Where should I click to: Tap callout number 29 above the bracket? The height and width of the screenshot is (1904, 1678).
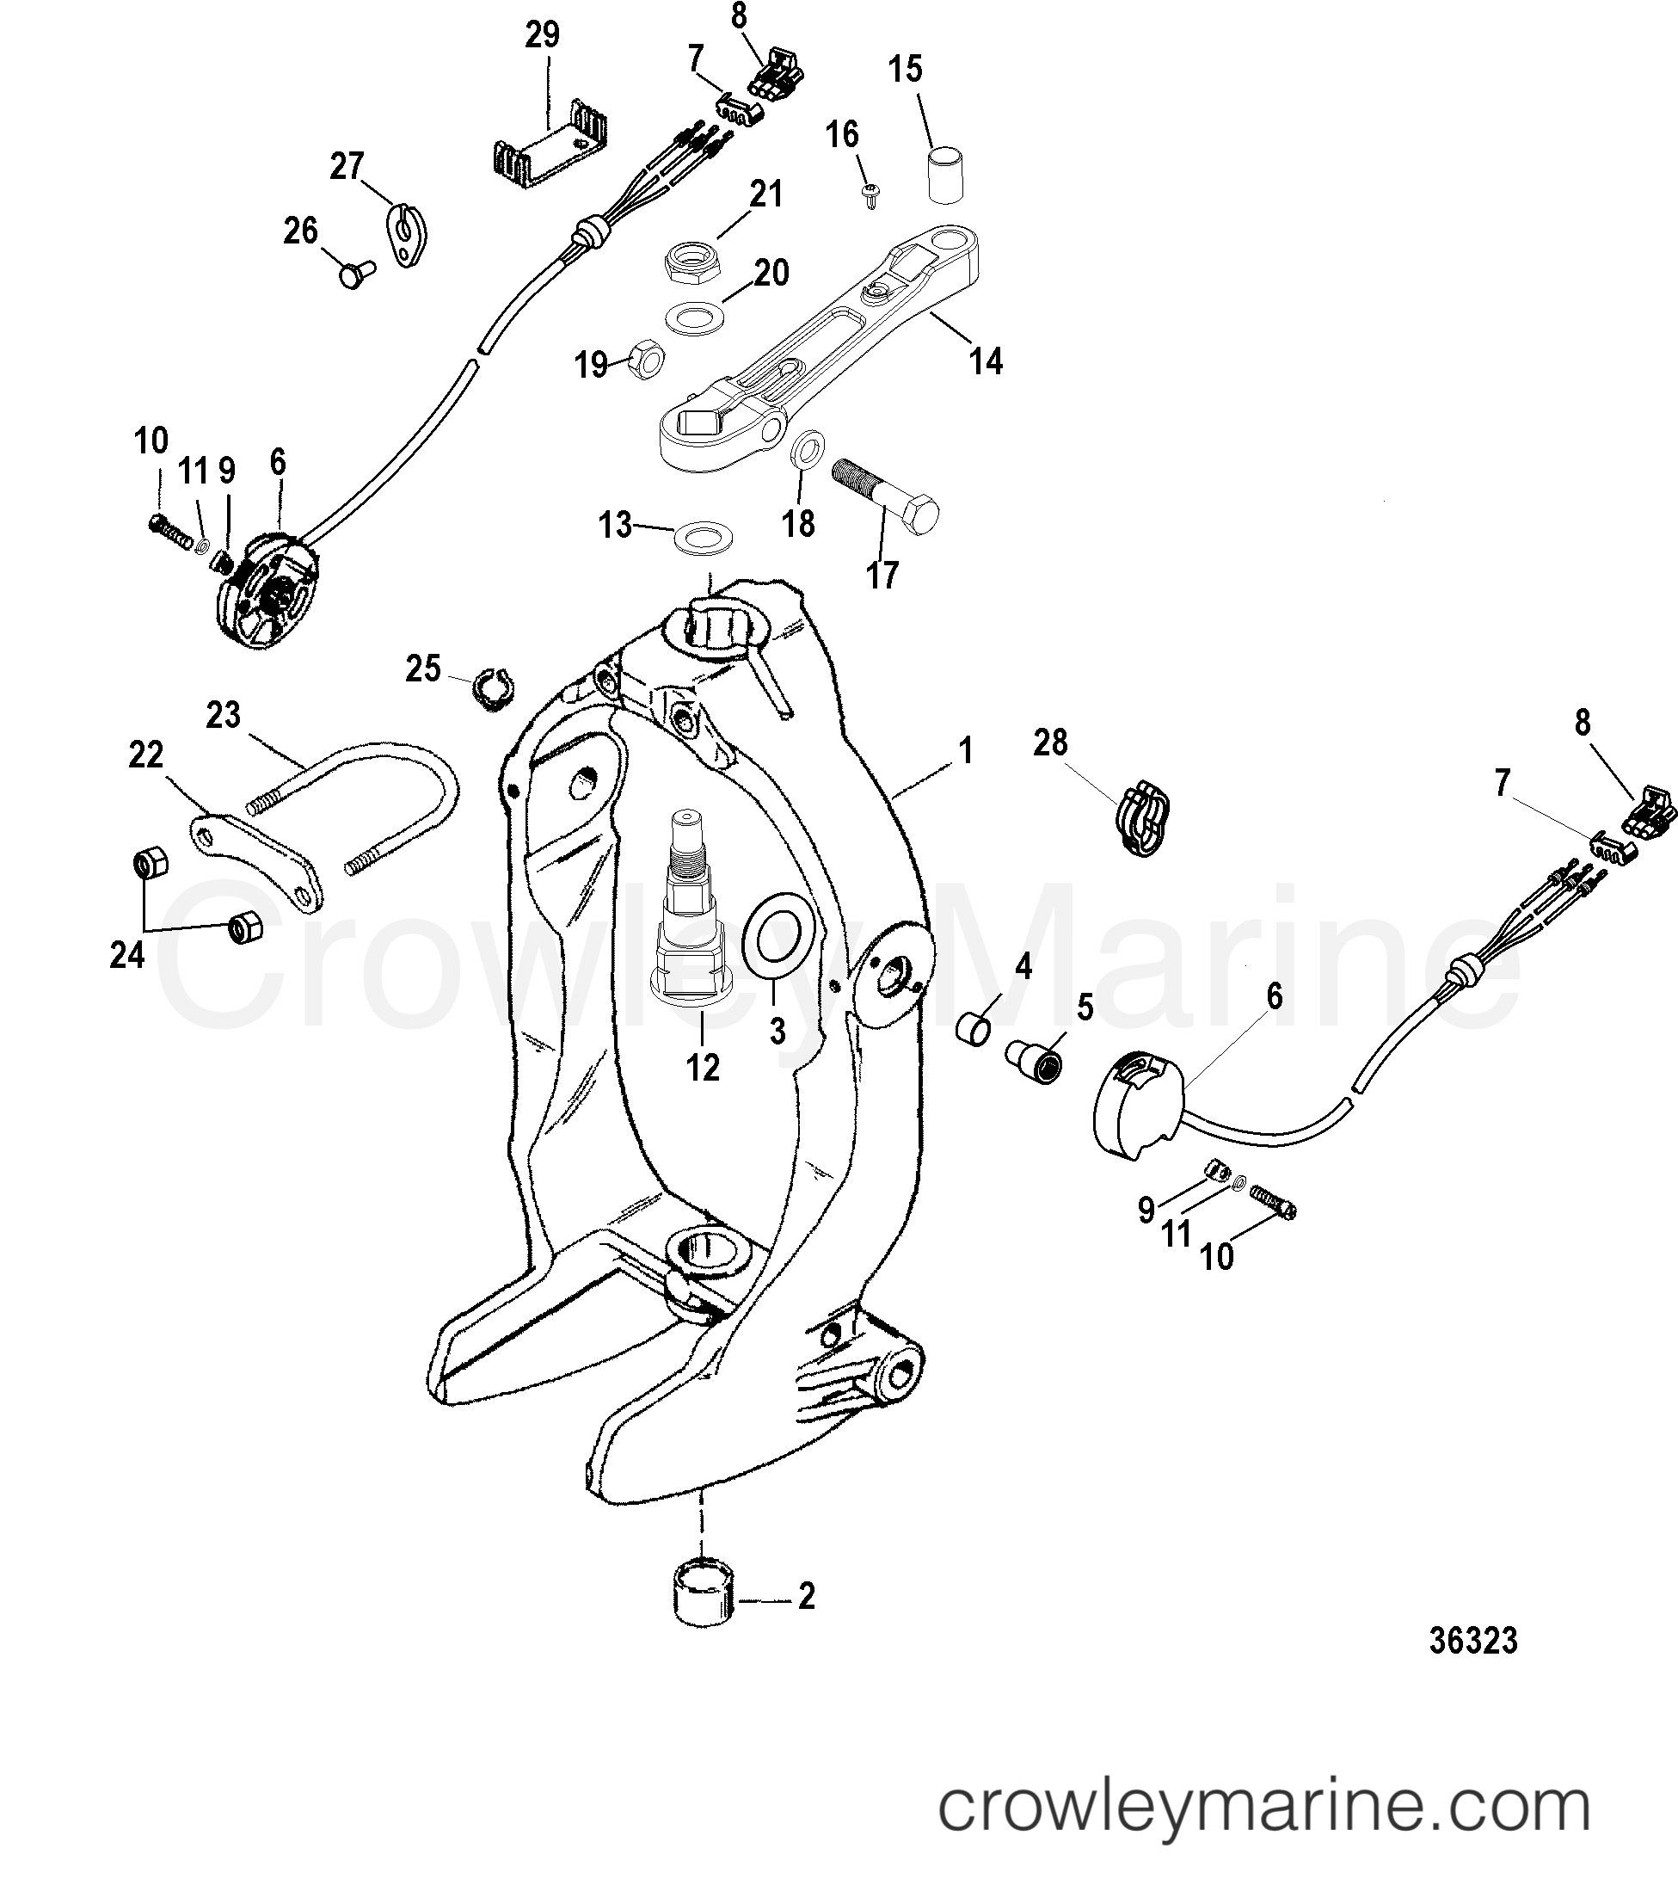tap(542, 34)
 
